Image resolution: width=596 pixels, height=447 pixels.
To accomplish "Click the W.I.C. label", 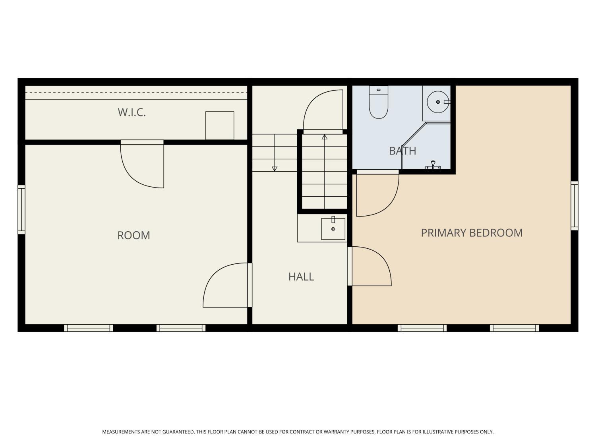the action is click(132, 112).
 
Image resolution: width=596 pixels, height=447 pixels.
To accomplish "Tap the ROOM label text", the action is click(134, 235).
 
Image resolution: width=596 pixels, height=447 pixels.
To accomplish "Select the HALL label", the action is click(301, 277).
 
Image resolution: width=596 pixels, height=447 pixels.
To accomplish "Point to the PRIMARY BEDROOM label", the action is click(472, 233).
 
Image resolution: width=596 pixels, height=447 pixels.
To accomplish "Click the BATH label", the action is click(402, 151).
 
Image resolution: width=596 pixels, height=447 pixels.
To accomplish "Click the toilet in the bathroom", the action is click(379, 102).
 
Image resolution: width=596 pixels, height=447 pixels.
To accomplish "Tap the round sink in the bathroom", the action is click(438, 102).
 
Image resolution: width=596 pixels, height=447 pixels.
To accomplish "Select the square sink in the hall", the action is click(333, 229).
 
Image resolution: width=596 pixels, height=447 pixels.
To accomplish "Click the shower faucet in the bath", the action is click(433, 165).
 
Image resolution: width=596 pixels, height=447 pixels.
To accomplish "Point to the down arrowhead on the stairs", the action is click(275, 168).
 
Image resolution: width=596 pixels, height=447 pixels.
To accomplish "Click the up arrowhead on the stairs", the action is click(325, 137).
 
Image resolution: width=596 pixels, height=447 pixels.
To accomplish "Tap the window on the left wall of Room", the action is click(21, 209).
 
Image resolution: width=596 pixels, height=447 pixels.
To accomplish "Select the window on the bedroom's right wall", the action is click(574, 206).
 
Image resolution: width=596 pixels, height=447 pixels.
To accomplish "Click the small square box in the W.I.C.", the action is click(220, 126).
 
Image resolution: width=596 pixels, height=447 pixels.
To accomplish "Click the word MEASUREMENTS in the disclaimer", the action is click(121, 432).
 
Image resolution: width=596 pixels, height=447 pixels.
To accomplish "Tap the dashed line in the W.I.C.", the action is click(136, 93).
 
